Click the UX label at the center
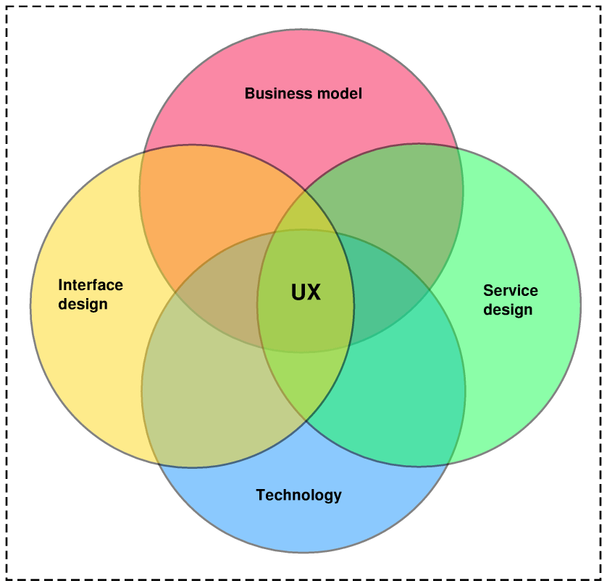(306, 292)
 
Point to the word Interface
(91, 284)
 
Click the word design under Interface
(83, 304)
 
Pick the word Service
(511, 291)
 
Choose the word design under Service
(508, 310)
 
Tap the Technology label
(298, 495)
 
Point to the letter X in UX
(313, 292)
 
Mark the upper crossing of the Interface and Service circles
(306, 190)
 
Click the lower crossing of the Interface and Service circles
(306, 420)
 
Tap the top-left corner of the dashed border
(7, 7)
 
